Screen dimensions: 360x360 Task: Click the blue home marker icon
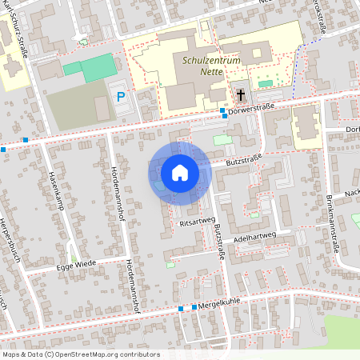180,172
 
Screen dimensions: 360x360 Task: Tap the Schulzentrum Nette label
209,66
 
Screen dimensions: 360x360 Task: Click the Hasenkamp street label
56,185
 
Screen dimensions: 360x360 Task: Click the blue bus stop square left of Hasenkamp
26,140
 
